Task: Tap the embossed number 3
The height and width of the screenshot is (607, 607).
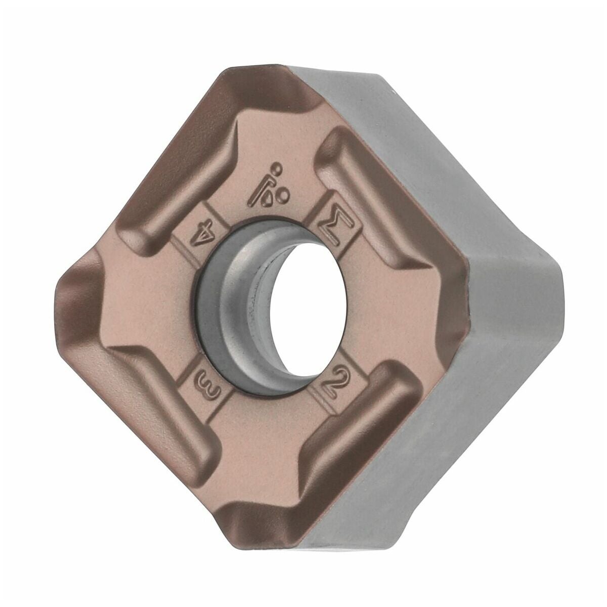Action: [x=207, y=384]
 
